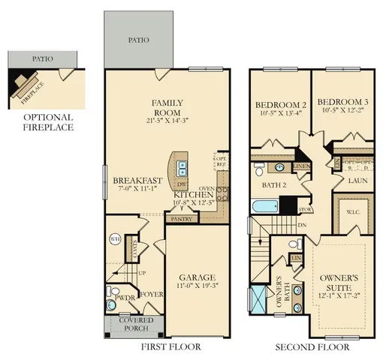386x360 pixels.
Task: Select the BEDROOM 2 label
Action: pyautogui.click(x=279, y=104)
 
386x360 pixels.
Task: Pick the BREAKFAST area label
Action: pyautogui.click(x=138, y=181)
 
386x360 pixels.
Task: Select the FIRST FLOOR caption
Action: pyautogui.click(x=173, y=348)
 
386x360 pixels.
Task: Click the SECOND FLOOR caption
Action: pyautogui.click(x=312, y=348)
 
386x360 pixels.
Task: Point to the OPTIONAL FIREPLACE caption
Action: pyautogui.click(x=47, y=122)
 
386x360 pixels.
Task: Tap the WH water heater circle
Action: pyautogui.click(x=115, y=238)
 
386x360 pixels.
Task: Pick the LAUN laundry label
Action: pyautogui.click(x=357, y=181)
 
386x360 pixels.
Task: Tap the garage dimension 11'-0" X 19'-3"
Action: pyautogui.click(x=196, y=286)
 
